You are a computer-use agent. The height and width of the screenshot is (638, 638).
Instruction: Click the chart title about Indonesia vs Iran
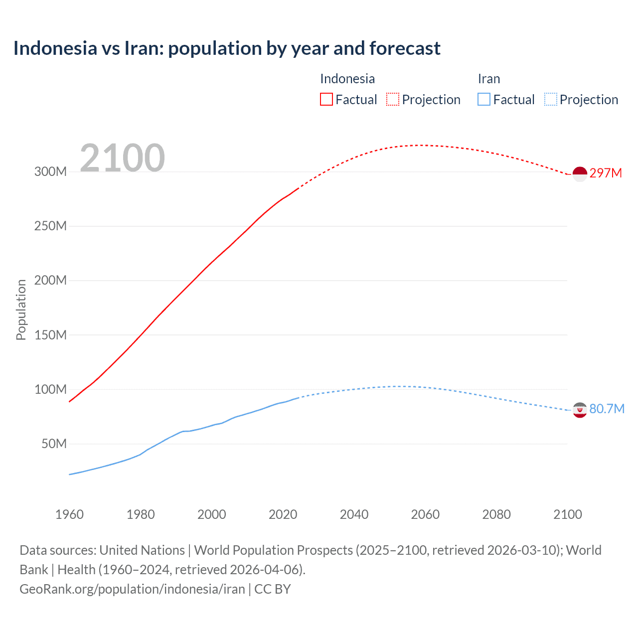point(227,48)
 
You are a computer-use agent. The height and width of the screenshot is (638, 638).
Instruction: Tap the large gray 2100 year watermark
point(122,158)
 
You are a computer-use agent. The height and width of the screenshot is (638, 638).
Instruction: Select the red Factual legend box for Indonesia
point(326,99)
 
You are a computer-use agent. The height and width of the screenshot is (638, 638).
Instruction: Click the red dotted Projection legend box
point(393,99)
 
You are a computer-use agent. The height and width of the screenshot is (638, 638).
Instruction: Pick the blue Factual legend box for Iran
point(483,99)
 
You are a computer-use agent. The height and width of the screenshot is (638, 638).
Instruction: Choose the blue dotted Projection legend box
point(550,99)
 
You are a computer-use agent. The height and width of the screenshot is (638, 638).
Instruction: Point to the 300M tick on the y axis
point(50,171)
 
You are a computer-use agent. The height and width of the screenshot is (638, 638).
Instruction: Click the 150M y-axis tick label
point(50,335)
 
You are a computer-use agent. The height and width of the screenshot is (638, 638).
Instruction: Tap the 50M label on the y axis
point(54,444)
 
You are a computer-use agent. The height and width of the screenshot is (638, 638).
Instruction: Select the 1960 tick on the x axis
point(69,514)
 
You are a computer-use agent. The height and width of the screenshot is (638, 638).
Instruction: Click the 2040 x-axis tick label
point(354,514)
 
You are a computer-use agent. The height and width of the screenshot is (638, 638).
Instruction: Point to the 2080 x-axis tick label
point(496,514)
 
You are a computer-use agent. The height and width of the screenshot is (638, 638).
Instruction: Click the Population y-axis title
point(21,310)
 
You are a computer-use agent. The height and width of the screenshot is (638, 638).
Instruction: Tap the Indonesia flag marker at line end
point(580,174)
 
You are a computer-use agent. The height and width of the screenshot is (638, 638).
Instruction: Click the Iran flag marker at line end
point(580,410)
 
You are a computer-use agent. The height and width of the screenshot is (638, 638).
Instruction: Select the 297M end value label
point(606,173)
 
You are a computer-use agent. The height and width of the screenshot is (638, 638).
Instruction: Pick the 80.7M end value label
point(607,409)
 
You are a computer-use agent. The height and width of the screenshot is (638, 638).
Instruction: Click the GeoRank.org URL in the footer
point(132,589)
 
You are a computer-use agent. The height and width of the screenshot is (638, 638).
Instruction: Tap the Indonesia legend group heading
point(347,79)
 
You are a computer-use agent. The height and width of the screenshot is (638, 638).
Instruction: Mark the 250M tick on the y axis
point(50,226)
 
